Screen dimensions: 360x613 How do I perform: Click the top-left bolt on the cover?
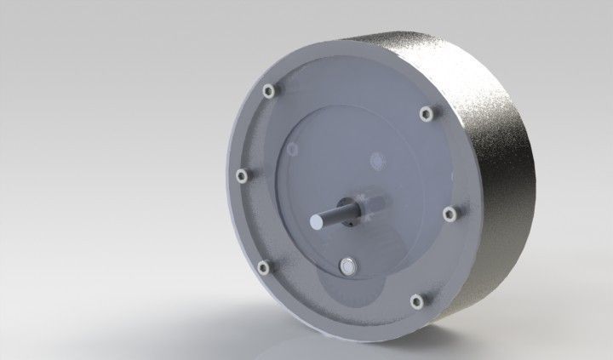tap(269, 89)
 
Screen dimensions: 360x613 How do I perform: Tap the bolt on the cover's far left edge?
tap(241, 174)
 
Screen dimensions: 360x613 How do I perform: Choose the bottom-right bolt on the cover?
tap(416, 300)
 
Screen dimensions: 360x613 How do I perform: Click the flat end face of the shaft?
tap(318, 220)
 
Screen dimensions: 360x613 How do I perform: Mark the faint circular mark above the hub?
tap(375, 159)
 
